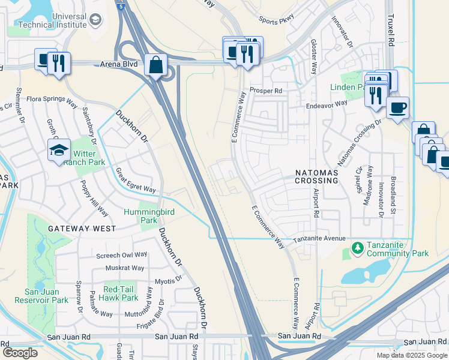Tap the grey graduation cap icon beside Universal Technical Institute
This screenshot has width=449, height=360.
[x=95, y=20]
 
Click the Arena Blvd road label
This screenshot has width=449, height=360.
[x=122, y=64]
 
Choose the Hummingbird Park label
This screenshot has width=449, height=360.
[x=140, y=216]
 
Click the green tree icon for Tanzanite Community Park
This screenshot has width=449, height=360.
[x=357, y=247]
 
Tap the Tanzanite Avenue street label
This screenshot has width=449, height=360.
[x=320, y=239]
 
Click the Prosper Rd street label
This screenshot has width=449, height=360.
[x=266, y=91]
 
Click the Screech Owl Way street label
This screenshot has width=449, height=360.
[x=122, y=255]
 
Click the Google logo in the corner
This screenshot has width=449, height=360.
[x=20, y=353]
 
